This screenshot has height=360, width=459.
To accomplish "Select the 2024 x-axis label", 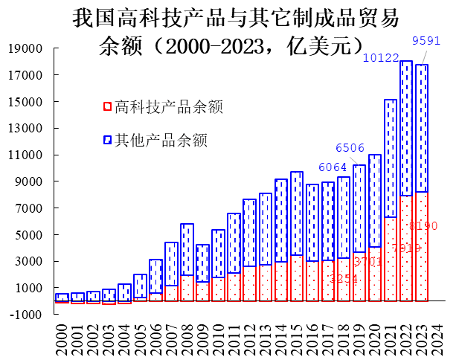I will (437, 336).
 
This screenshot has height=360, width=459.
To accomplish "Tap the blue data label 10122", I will (382, 57).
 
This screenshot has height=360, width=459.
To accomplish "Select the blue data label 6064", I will (332, 167).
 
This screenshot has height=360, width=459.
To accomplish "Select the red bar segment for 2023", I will (422, 245).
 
